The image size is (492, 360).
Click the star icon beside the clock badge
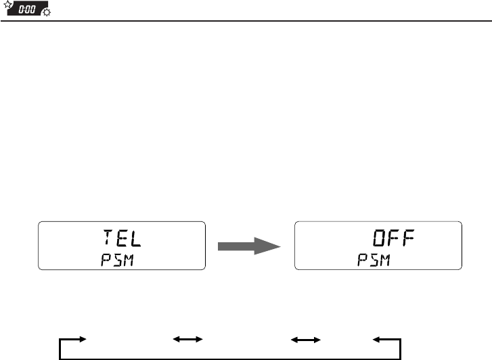click(7, 7)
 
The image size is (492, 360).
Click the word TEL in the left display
click(122, 238)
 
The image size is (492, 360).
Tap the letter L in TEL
click(137, 238)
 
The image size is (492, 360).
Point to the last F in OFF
click(408, 238)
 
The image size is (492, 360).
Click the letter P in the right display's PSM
click(363, 260)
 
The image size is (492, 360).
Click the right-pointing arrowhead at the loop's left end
click(83, 337)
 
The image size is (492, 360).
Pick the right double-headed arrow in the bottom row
click(305, 337)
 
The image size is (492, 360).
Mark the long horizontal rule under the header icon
click(246, 21)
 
